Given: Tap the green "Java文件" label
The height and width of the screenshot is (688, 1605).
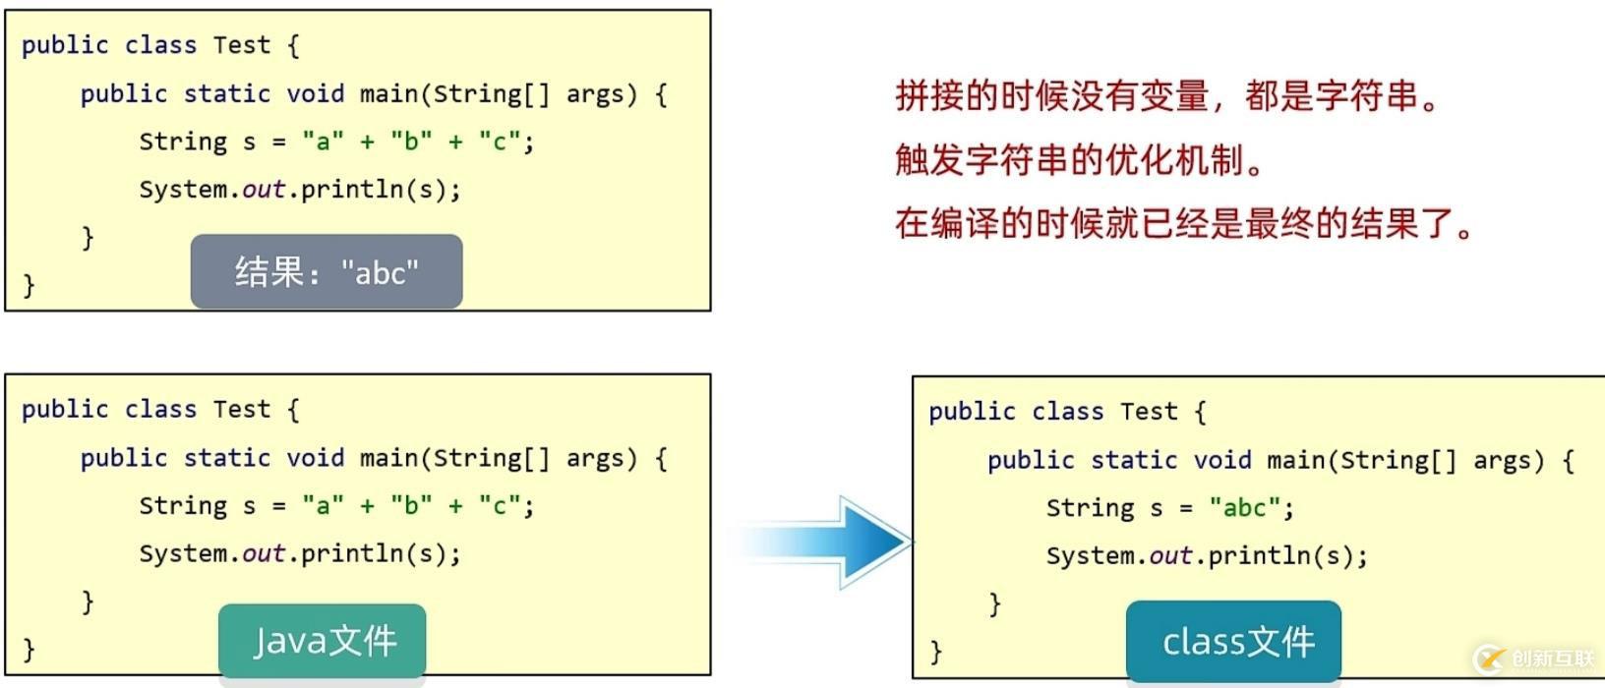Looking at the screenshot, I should tap(323, 642).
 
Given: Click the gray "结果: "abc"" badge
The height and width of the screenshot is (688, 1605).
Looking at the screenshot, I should tap(327, 272).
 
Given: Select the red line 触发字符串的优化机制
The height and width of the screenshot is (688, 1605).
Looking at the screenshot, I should tap(1080, 160).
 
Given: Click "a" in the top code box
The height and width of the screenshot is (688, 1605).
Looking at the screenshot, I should tap(323, 142).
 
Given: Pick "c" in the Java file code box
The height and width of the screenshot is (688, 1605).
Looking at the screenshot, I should tap(499, 506).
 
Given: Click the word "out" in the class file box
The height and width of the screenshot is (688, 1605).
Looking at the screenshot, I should tap(1170, 556).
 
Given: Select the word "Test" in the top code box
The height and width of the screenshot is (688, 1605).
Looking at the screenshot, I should tap(241, 45).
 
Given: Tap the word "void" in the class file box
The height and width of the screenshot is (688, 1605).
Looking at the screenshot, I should tap(1222, 460).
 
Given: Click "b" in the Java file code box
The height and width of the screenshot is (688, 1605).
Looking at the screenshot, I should tap(411, 506).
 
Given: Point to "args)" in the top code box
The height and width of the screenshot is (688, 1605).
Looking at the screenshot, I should tap(602, 94).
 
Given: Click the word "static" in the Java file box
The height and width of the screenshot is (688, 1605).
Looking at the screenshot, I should tap(226, 458).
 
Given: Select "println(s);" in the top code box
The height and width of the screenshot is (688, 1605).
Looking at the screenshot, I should tap(381, 190).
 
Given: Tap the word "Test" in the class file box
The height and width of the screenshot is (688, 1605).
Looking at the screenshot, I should tap(1149, 412).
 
